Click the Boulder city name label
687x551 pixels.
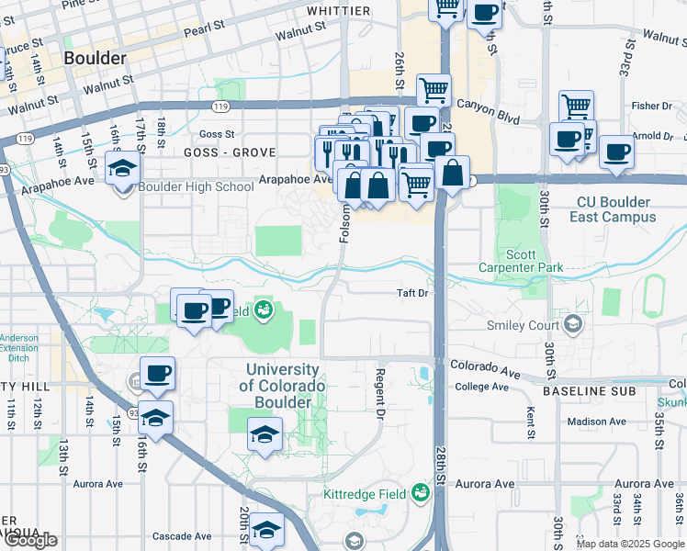click(x=95, y=58)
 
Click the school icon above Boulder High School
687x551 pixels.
click(x=121, y=168)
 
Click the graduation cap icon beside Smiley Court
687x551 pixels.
click(x=573, y=324)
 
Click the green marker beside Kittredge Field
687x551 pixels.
click(x=421, y=493)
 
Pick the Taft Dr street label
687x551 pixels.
click(x=412, y=293)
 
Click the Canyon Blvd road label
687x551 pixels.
click(x=488, y=119)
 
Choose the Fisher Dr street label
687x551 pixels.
click(x=652, y=106)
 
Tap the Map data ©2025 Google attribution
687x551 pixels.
click(x=629, y=544)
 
